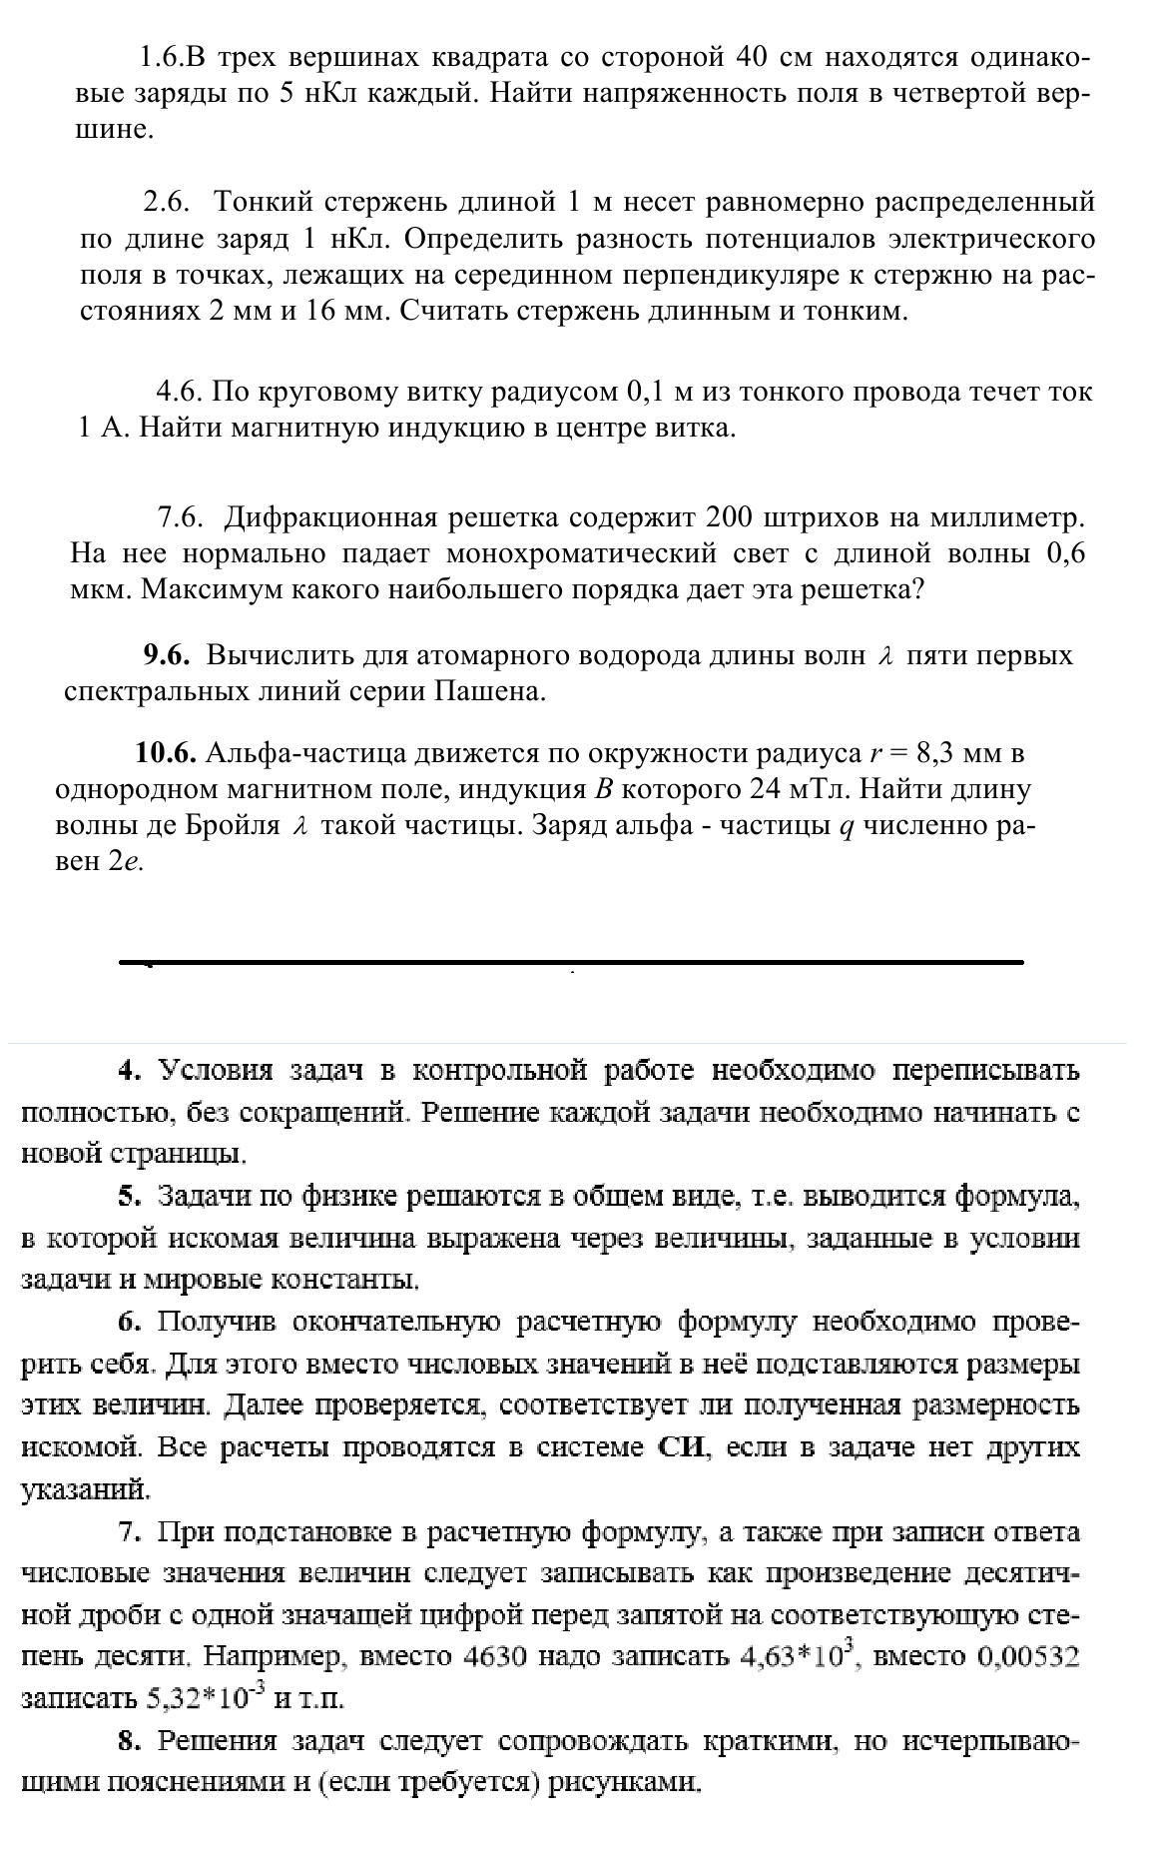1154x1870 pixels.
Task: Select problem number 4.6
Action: (x=181, y=392)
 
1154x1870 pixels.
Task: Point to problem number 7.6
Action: (x=181, y=518)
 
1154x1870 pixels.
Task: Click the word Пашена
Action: (x=490, y=691)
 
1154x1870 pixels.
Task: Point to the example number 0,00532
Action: (x=1029, y=1657)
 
